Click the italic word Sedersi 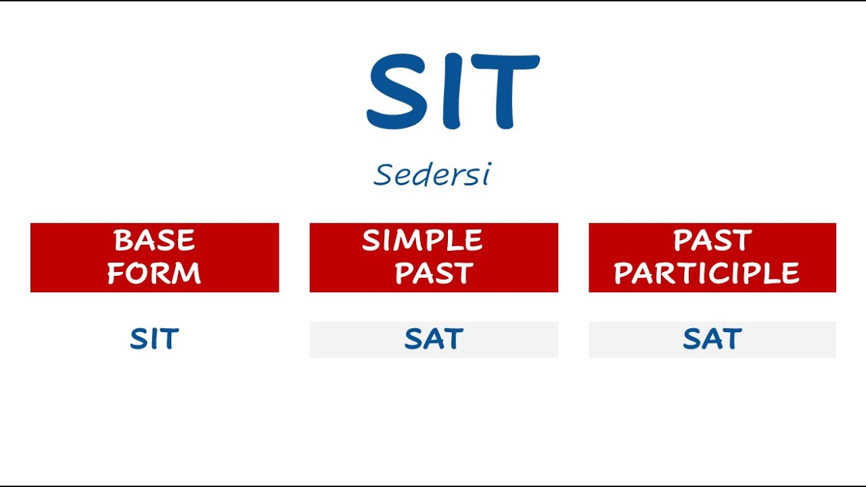coord(432,175)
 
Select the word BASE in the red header coord(154,241)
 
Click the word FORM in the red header coord(154,274)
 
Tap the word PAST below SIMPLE coord(434,274)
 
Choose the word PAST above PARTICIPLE coord(712,241)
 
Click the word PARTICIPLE coord(707,274)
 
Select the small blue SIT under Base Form coord(154,339)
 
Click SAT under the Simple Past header coord(434,339)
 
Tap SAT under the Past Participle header coord(712,339)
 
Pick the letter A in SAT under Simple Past coord(434,339)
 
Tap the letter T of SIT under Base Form coord(169,339)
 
